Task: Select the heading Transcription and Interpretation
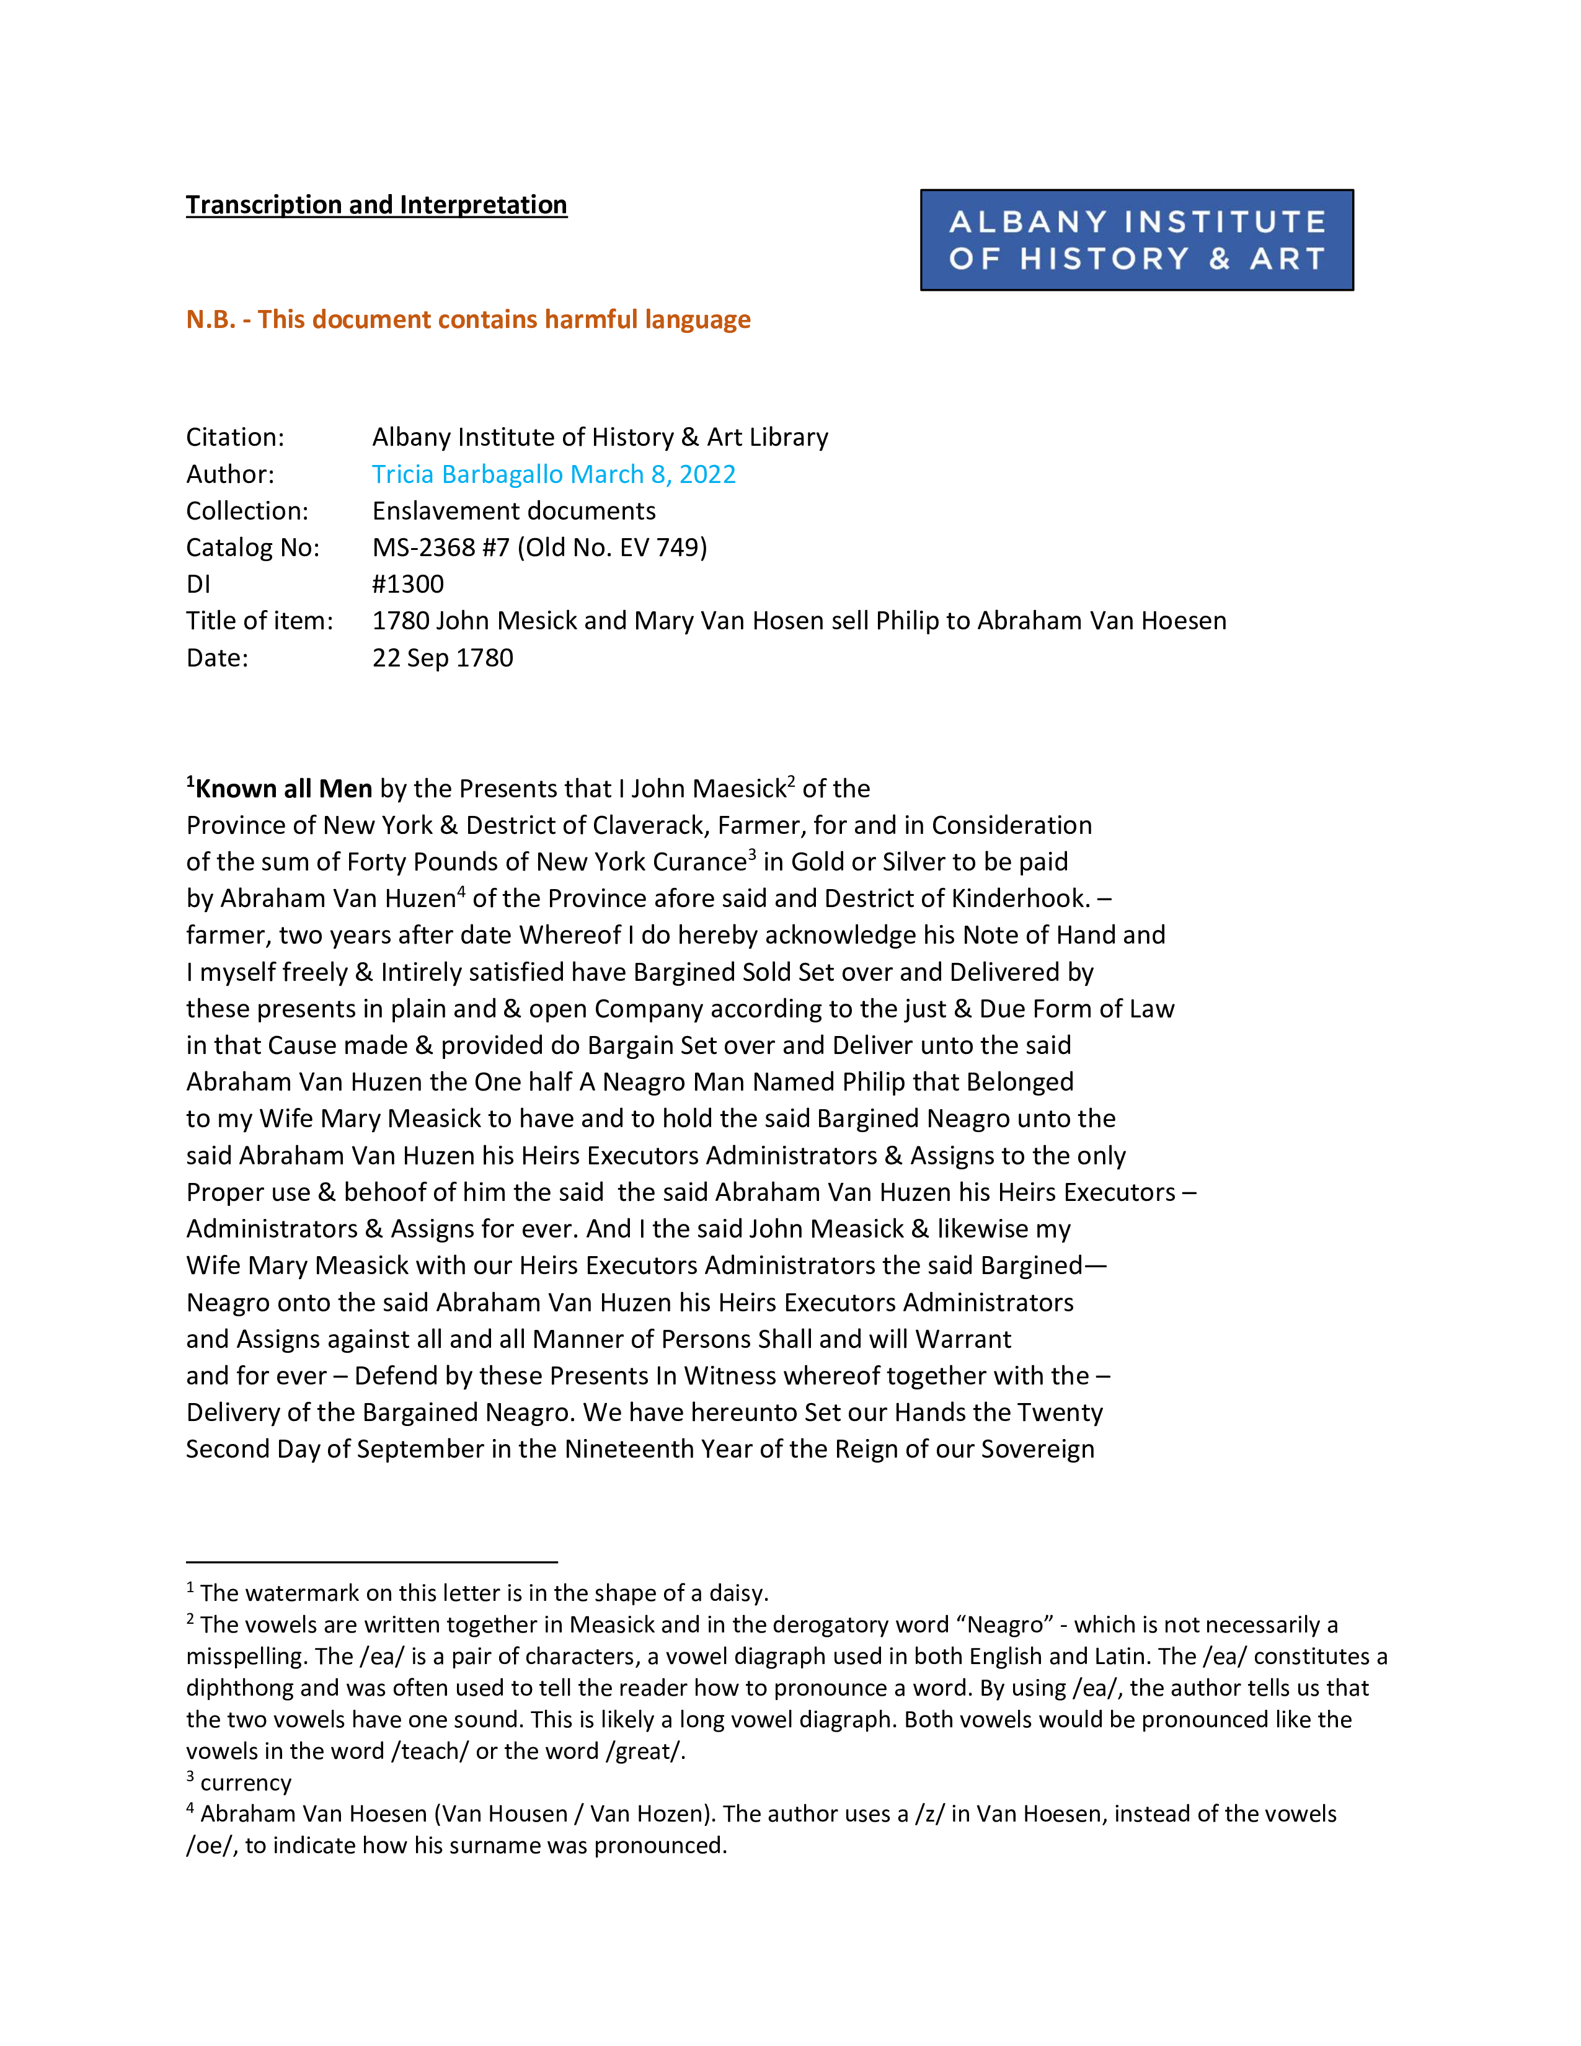376,205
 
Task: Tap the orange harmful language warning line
468,319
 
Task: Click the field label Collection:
246,510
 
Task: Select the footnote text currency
246,1782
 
